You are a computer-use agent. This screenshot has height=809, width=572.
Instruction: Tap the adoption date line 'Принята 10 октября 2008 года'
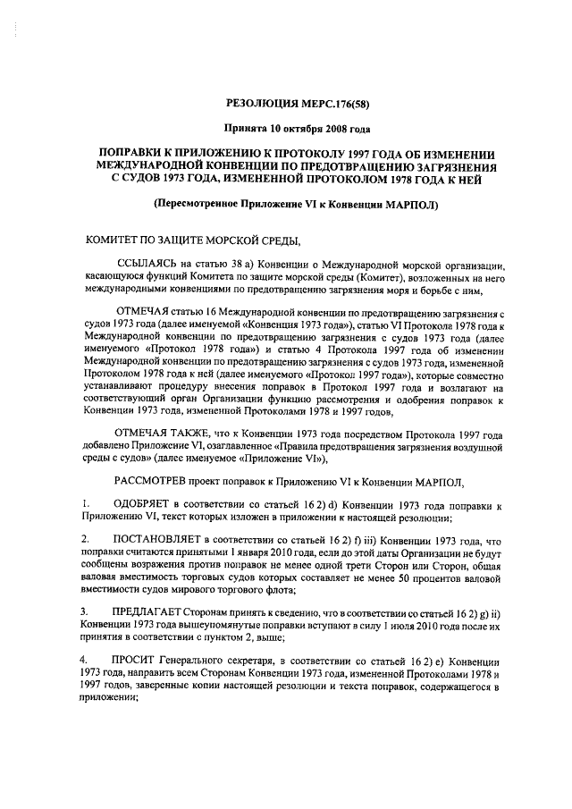point(285,129)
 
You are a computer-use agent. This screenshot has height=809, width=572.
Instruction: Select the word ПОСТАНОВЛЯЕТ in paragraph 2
point(158,542)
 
